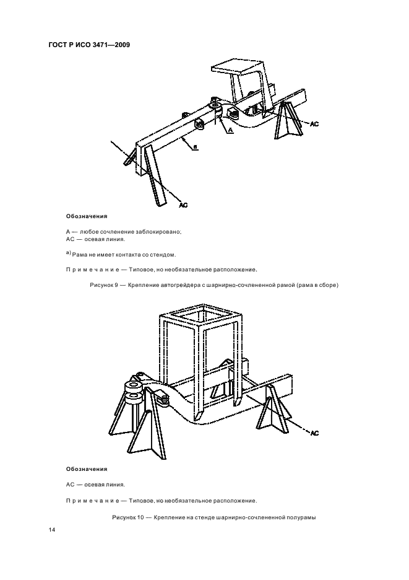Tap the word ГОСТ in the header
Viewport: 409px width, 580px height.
click(x=59, y=44)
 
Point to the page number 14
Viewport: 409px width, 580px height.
click(x=52, y=530)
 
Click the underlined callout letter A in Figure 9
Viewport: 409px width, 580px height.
click(x=230, y=131)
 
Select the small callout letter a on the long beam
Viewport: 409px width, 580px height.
click(x=196, y=147)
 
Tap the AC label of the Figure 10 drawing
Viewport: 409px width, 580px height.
click(x=314, y=433)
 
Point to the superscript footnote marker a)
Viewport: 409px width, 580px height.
click(x=69, y=253)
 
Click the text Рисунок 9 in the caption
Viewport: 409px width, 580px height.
click(x=105, y=285)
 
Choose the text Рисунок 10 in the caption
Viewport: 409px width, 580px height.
click(x=127, y=517)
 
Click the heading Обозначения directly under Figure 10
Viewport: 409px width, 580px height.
click(x=87, y=469)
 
